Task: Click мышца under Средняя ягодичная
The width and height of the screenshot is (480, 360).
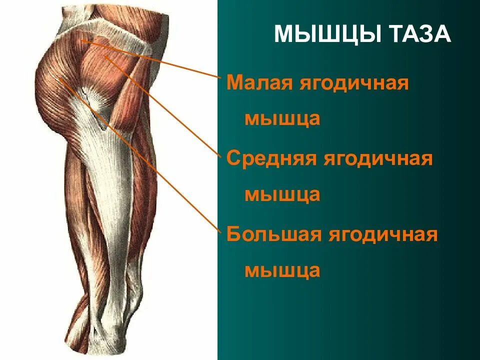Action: pos(282,194)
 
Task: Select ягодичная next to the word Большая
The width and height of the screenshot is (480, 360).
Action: pos(382,234)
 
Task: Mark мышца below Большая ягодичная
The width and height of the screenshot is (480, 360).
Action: pos(282,270)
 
